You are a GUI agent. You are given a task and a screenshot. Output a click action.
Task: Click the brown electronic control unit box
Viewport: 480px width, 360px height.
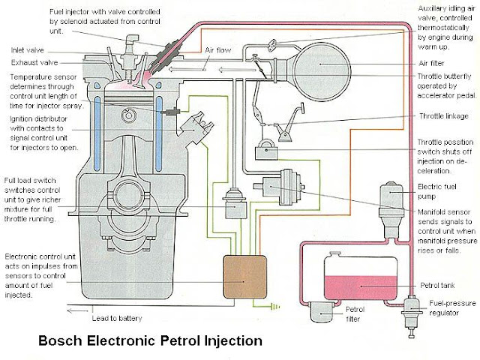244,279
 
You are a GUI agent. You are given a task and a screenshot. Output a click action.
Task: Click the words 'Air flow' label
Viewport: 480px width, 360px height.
220,50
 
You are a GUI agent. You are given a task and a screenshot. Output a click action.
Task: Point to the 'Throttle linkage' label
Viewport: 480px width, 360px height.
446,116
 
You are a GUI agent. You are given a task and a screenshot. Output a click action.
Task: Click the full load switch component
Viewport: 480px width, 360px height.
233,202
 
